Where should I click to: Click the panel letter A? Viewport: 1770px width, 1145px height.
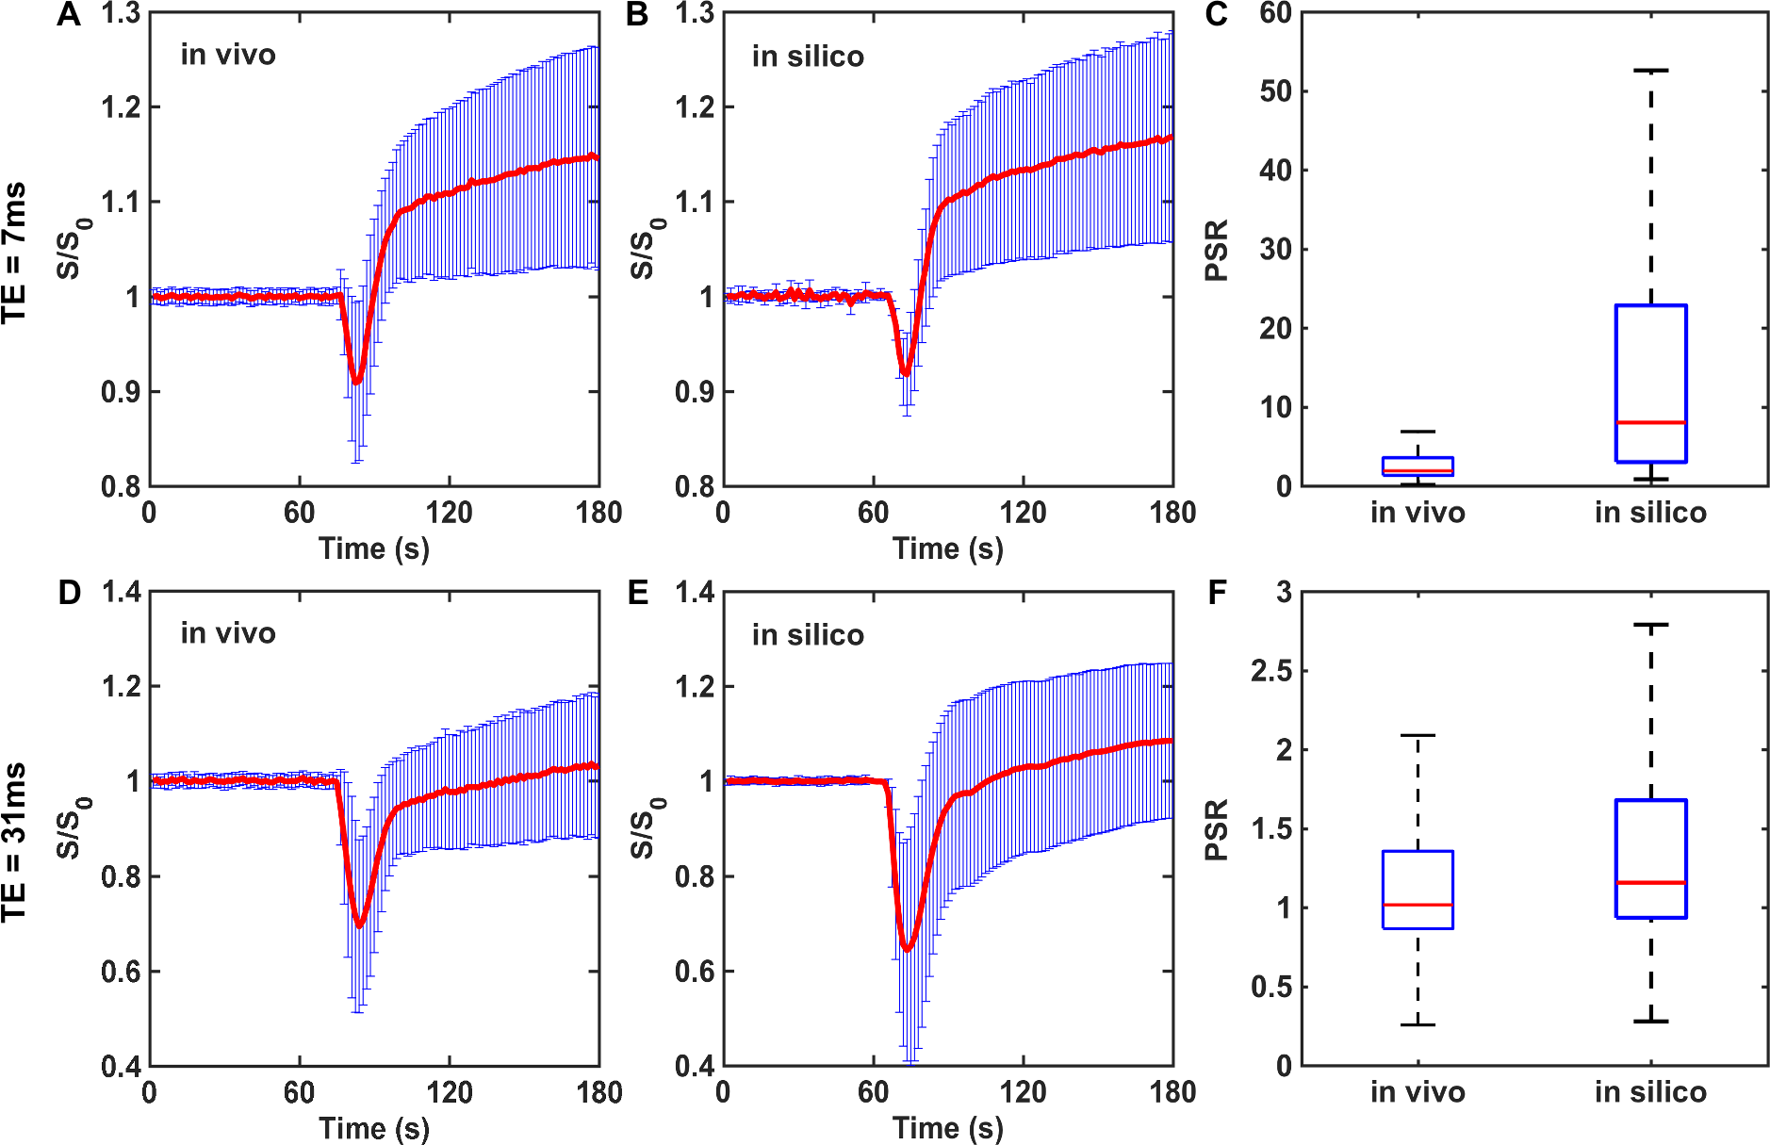(x=68, y=15)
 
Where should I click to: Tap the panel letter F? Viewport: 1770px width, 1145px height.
(x=1217, y=594)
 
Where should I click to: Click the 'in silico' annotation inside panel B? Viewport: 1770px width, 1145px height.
(x=808, y=57)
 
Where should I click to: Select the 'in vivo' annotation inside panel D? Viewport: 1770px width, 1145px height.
(x=228, y=633)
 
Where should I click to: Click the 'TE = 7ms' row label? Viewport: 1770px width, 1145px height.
(x=15, y=253)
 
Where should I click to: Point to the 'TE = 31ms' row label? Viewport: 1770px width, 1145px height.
(x=15, y=841)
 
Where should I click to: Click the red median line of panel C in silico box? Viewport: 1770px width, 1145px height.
(x=1650, y=422)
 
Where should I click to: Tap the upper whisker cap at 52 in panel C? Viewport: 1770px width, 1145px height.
(x=1650, y=71)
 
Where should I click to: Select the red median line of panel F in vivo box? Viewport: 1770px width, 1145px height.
(x=1418, y=905)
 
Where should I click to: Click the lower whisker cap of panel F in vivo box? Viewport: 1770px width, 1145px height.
(x=1418, y=1024)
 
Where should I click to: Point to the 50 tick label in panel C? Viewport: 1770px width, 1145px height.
(x=1276, y=91)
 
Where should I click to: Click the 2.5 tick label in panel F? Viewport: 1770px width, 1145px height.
(x=1270, y=671)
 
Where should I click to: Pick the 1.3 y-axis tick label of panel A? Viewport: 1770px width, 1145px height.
(x=121, y=14)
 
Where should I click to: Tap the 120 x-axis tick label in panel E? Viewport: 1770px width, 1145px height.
(x=1023, y=1092)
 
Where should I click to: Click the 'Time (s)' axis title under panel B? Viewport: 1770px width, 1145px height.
(x=947, y=548)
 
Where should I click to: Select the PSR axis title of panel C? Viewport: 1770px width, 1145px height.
(x=1218, y=250)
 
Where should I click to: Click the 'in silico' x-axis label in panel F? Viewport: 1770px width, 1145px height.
(x=1650, y=1092)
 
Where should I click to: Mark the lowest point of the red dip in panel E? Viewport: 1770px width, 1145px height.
(x=907, y=949)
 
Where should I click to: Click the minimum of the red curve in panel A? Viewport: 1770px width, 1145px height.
(x=356, y=382)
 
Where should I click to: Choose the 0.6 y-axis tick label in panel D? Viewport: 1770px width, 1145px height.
(x=121, y=972)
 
